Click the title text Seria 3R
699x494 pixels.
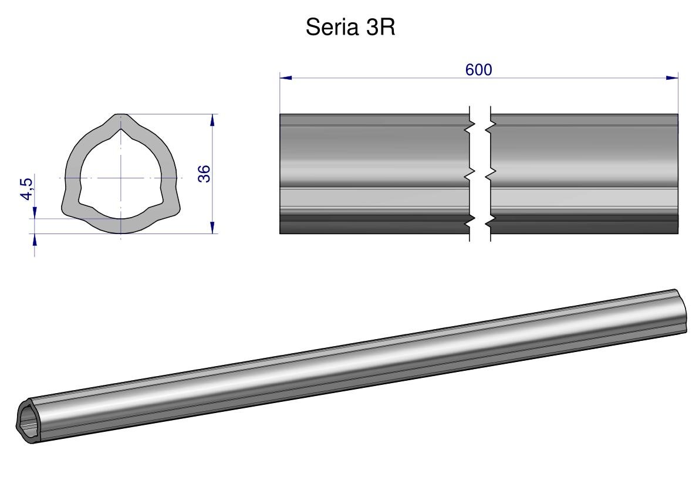point(350,28)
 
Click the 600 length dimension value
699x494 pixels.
point(478,69)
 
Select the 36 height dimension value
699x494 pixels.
point(204,174)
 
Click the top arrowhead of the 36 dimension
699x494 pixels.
point(212,120)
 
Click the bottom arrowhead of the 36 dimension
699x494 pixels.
point(212,228)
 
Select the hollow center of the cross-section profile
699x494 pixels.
point(121,176)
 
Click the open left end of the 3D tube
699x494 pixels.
point(28,419)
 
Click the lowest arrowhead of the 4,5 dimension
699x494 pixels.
point(35,239)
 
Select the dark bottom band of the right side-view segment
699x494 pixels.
point(584,227)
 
